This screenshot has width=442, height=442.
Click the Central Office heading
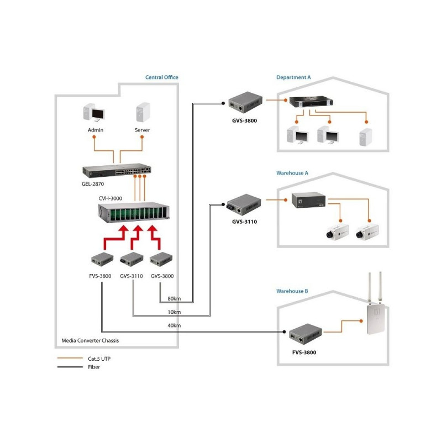(161, 77)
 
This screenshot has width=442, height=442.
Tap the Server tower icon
(143, 113)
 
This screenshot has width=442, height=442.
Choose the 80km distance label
(173, 299)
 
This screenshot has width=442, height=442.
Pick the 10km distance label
(173, 312)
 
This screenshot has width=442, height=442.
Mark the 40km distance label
(173, 326)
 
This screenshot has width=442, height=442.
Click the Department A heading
(293, 77)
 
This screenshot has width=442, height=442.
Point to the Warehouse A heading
(292, 173)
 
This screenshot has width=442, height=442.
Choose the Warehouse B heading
(292, 291)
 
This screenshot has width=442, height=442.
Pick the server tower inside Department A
(365, 136)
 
